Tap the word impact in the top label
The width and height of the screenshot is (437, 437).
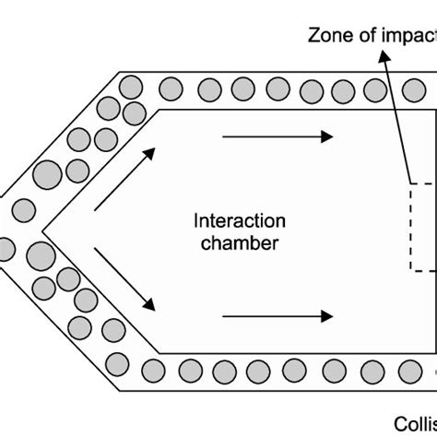(x=407, y=37)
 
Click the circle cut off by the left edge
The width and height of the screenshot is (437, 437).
(x=6, y=248)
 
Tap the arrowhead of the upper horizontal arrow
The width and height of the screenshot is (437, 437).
(x=327, y=136)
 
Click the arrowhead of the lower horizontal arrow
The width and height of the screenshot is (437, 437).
(x=327, y=316)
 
